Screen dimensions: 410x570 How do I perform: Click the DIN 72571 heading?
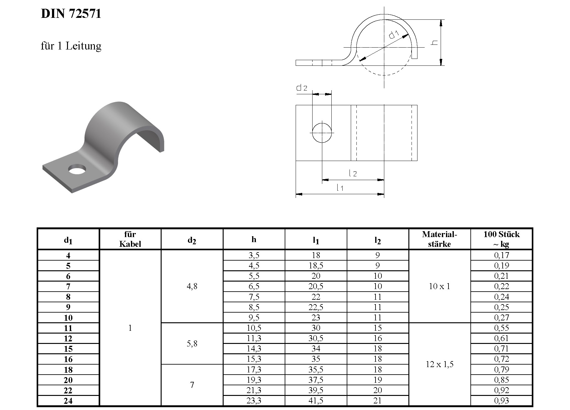click(x=71, y=14)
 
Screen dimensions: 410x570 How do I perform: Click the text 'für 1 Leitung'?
click(x=71, y=46)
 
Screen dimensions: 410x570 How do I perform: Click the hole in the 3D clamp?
click(x=77, y=169)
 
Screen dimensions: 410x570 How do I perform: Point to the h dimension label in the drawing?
click(x=434, y=42)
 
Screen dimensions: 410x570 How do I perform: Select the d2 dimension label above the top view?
click(x=302, y=88)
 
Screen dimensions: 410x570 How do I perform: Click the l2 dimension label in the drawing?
click(x=353, y=173)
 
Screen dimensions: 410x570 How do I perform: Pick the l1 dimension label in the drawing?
click(x=340, y=188)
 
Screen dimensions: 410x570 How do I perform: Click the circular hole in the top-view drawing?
click(x=322, y=133)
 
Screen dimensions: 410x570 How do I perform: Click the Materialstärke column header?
click(x=439, y=239)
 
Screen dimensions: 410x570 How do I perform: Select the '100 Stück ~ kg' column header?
click(x=501, y=239)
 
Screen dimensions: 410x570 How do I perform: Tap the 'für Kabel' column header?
click(x=130, y=239)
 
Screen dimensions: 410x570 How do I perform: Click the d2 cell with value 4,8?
click(x=192, y=286)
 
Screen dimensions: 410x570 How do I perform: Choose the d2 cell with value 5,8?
click(x=192, y=344)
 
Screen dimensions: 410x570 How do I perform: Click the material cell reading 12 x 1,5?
click(x=439, y=364)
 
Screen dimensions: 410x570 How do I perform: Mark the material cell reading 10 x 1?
click(x=439, y=286)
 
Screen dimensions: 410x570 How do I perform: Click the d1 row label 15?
click(x=68, y=349)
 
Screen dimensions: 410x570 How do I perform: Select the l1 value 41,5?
click(x=316, y=401)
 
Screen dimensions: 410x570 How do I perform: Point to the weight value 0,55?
click(x=501, y=328)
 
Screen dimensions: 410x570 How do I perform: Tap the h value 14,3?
click(x=254, y=349)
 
